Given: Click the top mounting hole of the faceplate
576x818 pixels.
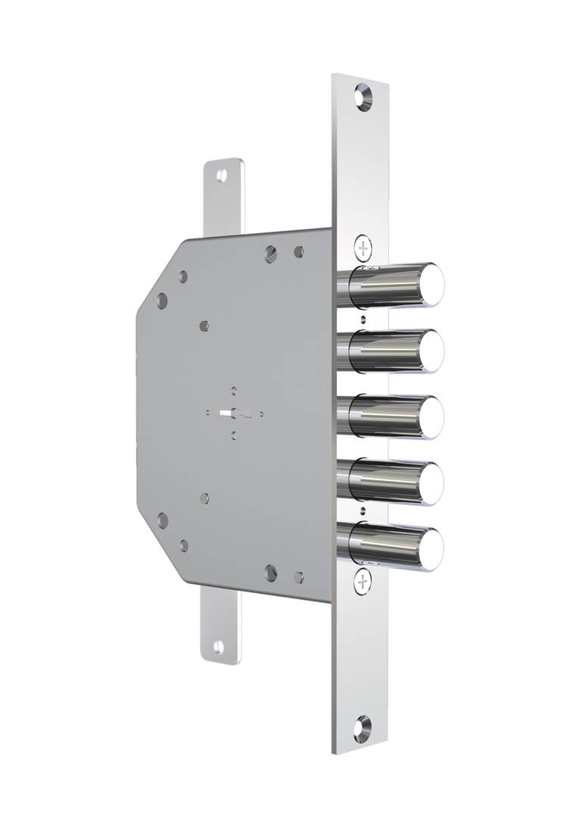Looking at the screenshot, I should click(x=363, y=97).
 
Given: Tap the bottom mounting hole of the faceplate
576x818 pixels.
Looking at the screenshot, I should click(x=363, y=728).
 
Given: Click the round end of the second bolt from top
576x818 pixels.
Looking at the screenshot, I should click(x=432, y=351).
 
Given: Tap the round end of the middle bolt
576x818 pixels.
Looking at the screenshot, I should click(x=432, y=417).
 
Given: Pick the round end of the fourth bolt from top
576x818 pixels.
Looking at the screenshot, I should click(x=432, y=483).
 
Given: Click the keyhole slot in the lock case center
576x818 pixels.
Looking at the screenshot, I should click(x=232, y=414).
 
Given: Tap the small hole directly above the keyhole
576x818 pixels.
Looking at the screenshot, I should click(x=234, y=391).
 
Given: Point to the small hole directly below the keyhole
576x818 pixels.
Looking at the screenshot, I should click(x=234, y=436).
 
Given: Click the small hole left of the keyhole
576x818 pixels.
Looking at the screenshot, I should click(x=208, y=413).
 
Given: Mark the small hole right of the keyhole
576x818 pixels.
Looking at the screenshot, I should click(x=261, y=414).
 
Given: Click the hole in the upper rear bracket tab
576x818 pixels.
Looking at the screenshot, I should click(x=221, y=176).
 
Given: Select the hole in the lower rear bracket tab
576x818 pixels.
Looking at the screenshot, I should click(x=219, y=647).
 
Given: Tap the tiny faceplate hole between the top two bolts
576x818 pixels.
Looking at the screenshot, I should click(x=363, y=320).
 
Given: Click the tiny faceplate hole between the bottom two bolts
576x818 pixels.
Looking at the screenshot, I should click(x=363, y=510).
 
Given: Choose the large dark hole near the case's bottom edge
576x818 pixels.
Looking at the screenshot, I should click(x=271, y=573).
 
